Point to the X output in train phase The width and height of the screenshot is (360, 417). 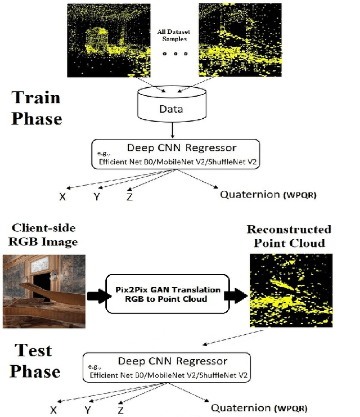click(62, 196)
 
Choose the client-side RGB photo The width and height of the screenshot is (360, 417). click(44, 290)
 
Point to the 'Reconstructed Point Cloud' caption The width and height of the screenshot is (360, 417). click(289, 236)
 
